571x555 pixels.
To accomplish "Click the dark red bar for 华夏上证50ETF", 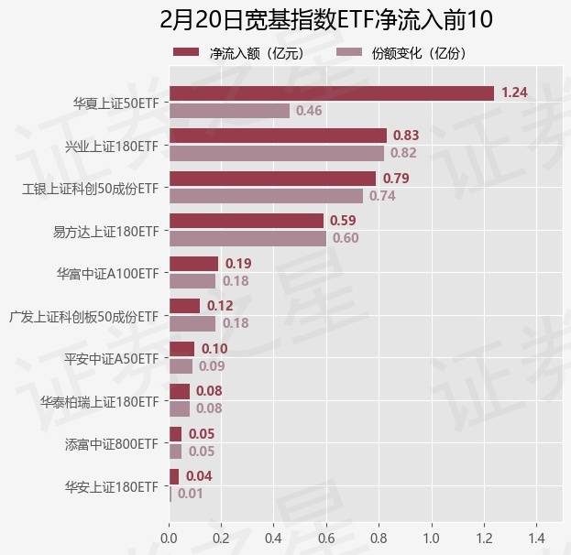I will click(x=331, y=92).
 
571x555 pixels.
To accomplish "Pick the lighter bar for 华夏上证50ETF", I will click(x=229, y=111).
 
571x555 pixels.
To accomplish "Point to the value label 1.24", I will click(x=514, y=92).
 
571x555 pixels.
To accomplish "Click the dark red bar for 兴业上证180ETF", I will click(x=278, y=136).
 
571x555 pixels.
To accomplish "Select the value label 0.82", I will click(x=403, y=153).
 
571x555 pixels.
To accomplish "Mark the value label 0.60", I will click(x=346, y=238).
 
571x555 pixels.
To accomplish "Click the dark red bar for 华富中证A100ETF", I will click(x=193, y=264).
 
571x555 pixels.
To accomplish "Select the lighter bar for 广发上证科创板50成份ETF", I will click(x=192, y=323).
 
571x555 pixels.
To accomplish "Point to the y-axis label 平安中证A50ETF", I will click(x=111, y=358).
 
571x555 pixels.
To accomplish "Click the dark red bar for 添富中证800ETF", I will click(x=175, y=434).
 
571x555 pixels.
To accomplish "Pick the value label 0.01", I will click(x=190, y=494).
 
